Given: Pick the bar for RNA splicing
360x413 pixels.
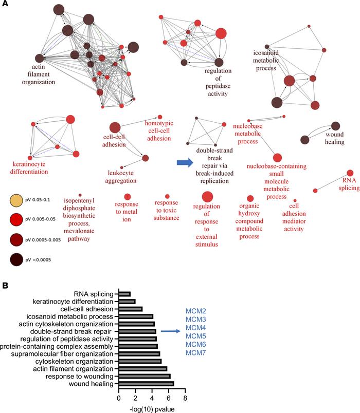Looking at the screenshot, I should [x=125, y=293].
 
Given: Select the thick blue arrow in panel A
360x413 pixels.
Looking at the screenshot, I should [x=185, y=163].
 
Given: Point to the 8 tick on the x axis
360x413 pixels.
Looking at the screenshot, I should [x=185, y=397].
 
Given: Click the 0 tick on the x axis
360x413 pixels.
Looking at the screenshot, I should [x=119, y=397].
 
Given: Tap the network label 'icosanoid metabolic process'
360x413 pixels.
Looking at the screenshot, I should [x=273, y=60].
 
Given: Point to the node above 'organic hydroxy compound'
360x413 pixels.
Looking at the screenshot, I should [x=250, y=198].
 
